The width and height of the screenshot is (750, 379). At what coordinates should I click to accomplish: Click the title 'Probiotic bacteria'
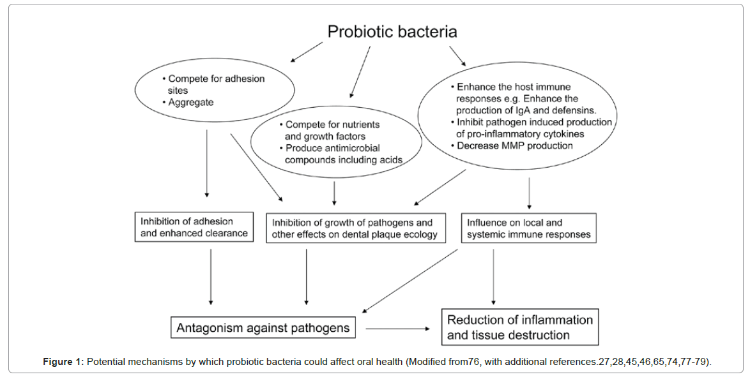point(392,31)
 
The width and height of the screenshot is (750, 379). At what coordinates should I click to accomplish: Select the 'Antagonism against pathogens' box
point(263,328)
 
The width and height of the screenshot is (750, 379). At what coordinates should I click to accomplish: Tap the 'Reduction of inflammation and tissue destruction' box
point(520,327)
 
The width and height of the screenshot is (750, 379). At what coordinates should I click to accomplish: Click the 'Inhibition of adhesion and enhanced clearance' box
point(194,228)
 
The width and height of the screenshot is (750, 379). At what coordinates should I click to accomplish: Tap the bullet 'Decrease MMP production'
point(515,146)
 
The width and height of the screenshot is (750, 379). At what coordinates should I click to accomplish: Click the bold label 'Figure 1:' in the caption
point(63,362)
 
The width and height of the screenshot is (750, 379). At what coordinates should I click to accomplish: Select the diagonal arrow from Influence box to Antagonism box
point(409,279)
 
